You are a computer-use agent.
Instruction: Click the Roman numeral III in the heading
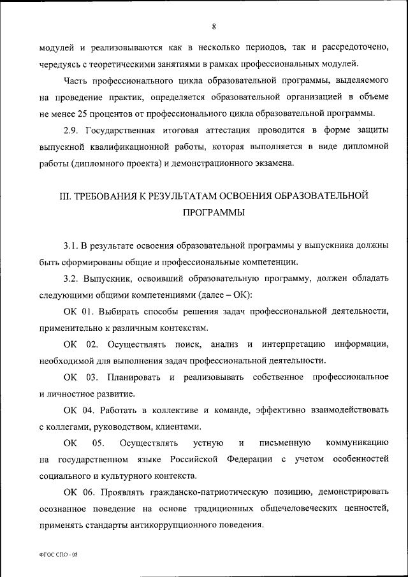pos(66,196)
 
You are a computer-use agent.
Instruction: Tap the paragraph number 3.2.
pos(71,279)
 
